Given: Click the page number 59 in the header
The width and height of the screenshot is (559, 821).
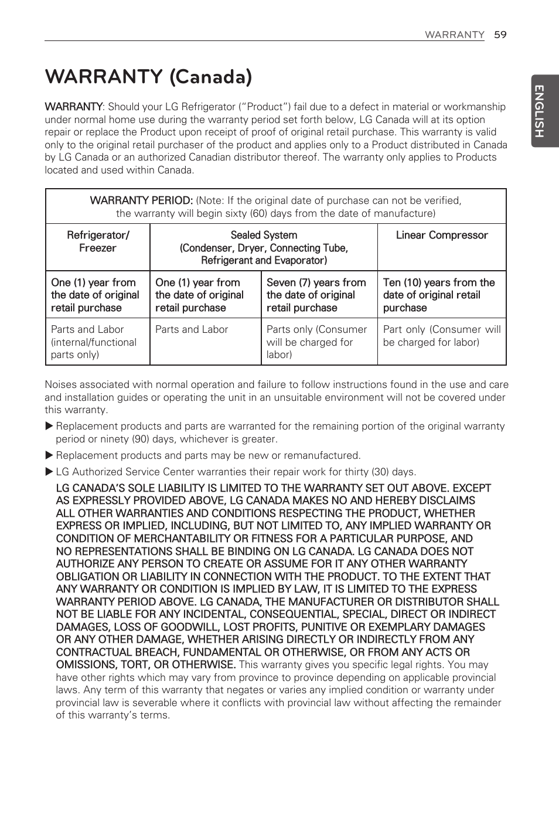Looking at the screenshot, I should click(500, 35).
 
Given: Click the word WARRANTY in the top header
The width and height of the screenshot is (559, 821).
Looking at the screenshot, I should click(454, 35).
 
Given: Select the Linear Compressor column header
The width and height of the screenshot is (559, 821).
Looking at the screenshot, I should click(442, 235).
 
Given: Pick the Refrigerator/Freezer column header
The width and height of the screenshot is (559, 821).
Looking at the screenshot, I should click(98, 241).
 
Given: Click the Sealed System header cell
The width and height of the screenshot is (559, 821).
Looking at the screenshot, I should click(264, 247).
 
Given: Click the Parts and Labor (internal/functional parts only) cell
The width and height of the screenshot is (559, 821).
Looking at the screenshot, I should click(94, 342).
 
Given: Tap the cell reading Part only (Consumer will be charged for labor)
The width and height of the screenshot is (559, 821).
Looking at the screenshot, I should click(442, 336).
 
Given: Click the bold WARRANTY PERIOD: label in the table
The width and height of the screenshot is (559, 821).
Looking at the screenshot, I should click(141, 200).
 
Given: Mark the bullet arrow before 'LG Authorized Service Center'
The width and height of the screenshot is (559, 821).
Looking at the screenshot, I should click(49, 472).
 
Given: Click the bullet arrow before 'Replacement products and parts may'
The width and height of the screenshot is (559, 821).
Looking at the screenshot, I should click(49, 455).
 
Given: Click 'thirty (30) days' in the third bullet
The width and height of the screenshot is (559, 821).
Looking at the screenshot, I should click(378, 472).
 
